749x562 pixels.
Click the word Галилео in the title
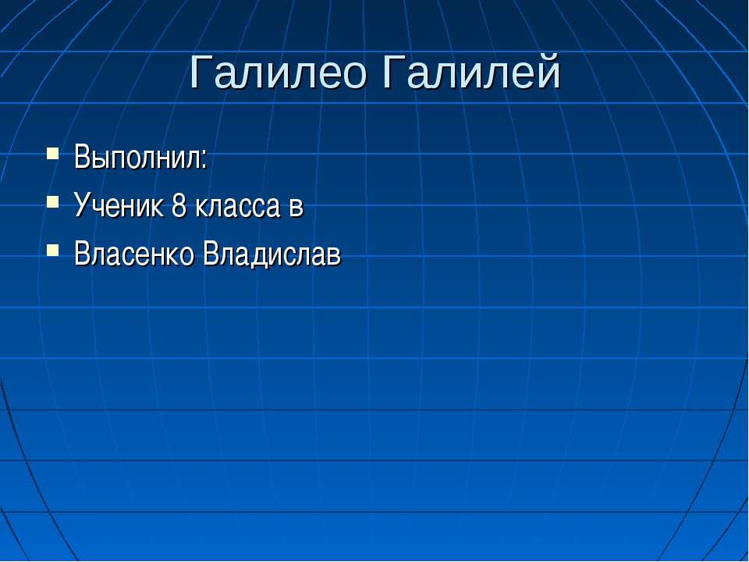pos(278,72)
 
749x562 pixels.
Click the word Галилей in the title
pos(471,71)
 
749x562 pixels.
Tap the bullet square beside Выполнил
pos(52,154)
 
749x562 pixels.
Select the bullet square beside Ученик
pos(52,201)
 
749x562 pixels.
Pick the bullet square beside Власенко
pos(52,250)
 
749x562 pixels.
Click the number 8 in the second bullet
pos(179,205)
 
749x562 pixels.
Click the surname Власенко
pos(134,254)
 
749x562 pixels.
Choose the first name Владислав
pos(272,255)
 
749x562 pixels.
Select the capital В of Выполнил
pos(83,157)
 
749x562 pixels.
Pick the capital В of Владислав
pos(212,254)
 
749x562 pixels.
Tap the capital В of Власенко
pos(83,254)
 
